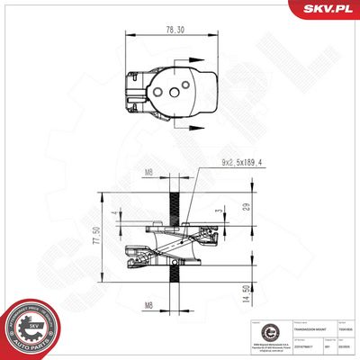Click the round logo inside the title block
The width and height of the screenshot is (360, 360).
pos(255,328)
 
